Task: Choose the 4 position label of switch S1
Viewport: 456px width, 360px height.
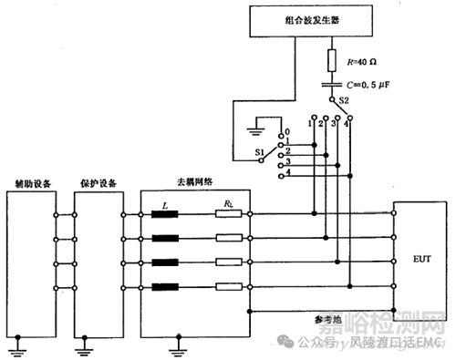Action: coord(289,173)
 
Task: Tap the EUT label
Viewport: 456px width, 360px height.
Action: coord(420,258)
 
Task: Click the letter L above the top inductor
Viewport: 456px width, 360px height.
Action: coord(164,207)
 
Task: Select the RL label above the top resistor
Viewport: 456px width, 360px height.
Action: coord(224,207)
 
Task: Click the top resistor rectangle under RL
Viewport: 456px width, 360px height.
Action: coord(225,216)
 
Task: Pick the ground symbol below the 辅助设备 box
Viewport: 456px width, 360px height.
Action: coord(15,346)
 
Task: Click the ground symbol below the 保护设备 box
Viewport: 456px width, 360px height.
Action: coord(82,346)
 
